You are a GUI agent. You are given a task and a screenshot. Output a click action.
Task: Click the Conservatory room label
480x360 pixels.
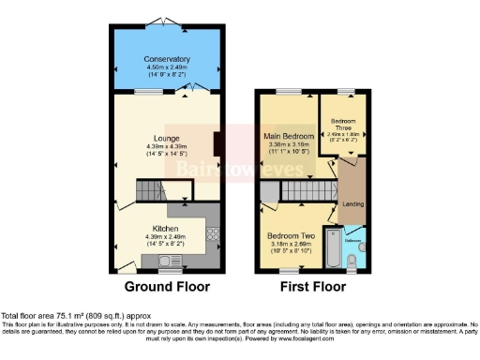click(x=167, y=54)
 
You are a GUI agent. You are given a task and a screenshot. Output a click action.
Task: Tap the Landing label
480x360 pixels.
click(x=353, y=203)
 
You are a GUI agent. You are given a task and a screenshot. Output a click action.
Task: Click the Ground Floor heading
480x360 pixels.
click(x=167, y=287)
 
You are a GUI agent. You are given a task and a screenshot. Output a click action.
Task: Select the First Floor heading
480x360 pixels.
click(x=314, y=287)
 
